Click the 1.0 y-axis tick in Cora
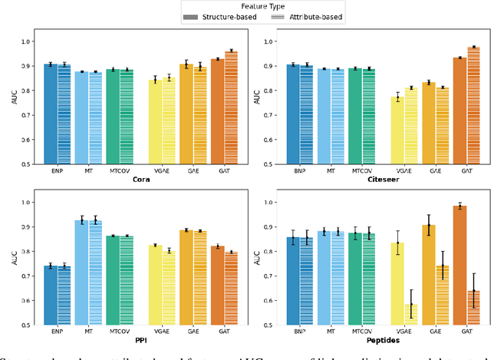tap(25, 41)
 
